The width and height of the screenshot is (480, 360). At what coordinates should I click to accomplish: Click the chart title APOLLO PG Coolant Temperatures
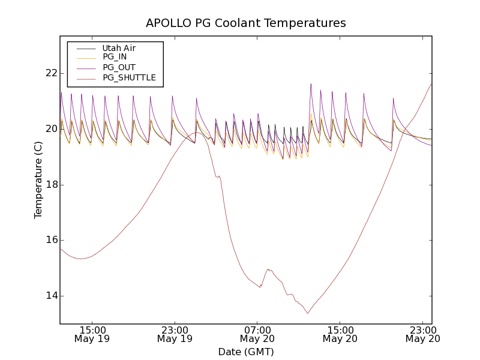pos(246,23)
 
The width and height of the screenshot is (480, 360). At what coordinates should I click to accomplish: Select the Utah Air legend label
pos(119,48)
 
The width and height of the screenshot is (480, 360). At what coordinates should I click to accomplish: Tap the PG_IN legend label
pos(115,57)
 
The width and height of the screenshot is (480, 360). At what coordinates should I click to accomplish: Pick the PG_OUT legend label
pos(119,67)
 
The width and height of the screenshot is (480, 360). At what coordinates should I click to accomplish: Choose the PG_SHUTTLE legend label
pos(129,77)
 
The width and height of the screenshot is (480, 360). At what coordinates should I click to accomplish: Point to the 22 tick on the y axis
pos(50,73)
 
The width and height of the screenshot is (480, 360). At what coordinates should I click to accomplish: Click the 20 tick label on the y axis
pos(50,129)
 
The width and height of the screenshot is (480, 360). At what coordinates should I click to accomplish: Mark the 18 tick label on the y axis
pos(50,185)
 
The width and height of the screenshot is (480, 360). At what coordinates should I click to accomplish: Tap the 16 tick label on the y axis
pos(50,240)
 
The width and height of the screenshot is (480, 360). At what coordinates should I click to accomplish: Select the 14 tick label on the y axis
pos(50,296)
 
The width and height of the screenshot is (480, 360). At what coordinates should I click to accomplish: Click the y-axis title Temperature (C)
pos(38,179)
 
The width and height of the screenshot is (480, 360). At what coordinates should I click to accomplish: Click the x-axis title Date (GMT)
pos(246,352)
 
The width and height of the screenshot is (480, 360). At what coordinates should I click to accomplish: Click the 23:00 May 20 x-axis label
pos(422,334)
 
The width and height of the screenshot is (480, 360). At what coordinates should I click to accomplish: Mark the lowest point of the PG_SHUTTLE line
pos(308,313)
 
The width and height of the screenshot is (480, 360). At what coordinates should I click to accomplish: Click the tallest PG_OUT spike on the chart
pos(311,84)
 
